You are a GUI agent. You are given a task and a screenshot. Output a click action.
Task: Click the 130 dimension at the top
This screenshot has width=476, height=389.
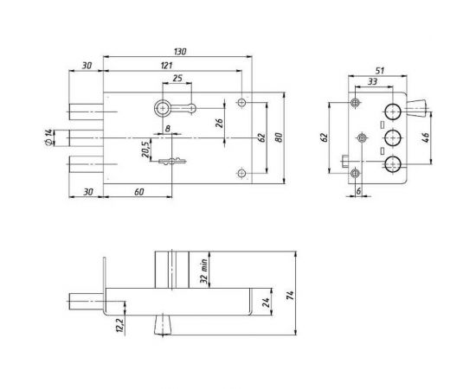pyautogui.click(x=179, y=53)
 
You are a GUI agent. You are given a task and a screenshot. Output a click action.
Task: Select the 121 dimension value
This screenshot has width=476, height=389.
pyautogui.click(x=164, y=67)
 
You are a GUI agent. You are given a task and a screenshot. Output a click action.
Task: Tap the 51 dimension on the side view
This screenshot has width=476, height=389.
pyautogui.click(x=379, y=73)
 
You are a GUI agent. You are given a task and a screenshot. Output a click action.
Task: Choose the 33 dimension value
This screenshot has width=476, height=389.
pyautogui.click(x=372, y=83)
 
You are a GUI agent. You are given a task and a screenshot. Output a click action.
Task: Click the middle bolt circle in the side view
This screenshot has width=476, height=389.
pyautogui.click(x=391, y=137)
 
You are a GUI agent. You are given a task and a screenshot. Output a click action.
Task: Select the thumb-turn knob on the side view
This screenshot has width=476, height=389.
pyautogui.click(x=415, y=108)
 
